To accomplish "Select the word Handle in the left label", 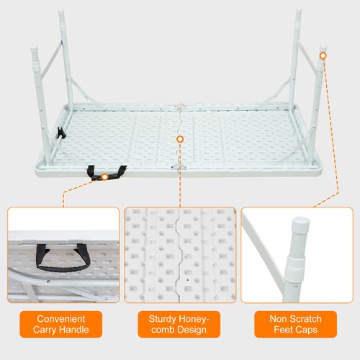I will [x=76, y=330].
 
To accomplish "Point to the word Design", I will [x=191, y=330].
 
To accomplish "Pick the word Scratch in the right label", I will [x=305, y=318].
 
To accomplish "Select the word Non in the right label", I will [x=276, y=318].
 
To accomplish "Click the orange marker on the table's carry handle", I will [x=105, y=175].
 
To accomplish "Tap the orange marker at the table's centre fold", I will [x=179, y=137].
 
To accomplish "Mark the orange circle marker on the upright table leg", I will [x=323, y=55].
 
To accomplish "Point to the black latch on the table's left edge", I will [x=59, y=134].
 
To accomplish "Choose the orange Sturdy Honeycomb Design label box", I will [x=179, y=324].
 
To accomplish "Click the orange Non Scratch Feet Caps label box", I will [x=294, y=324].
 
